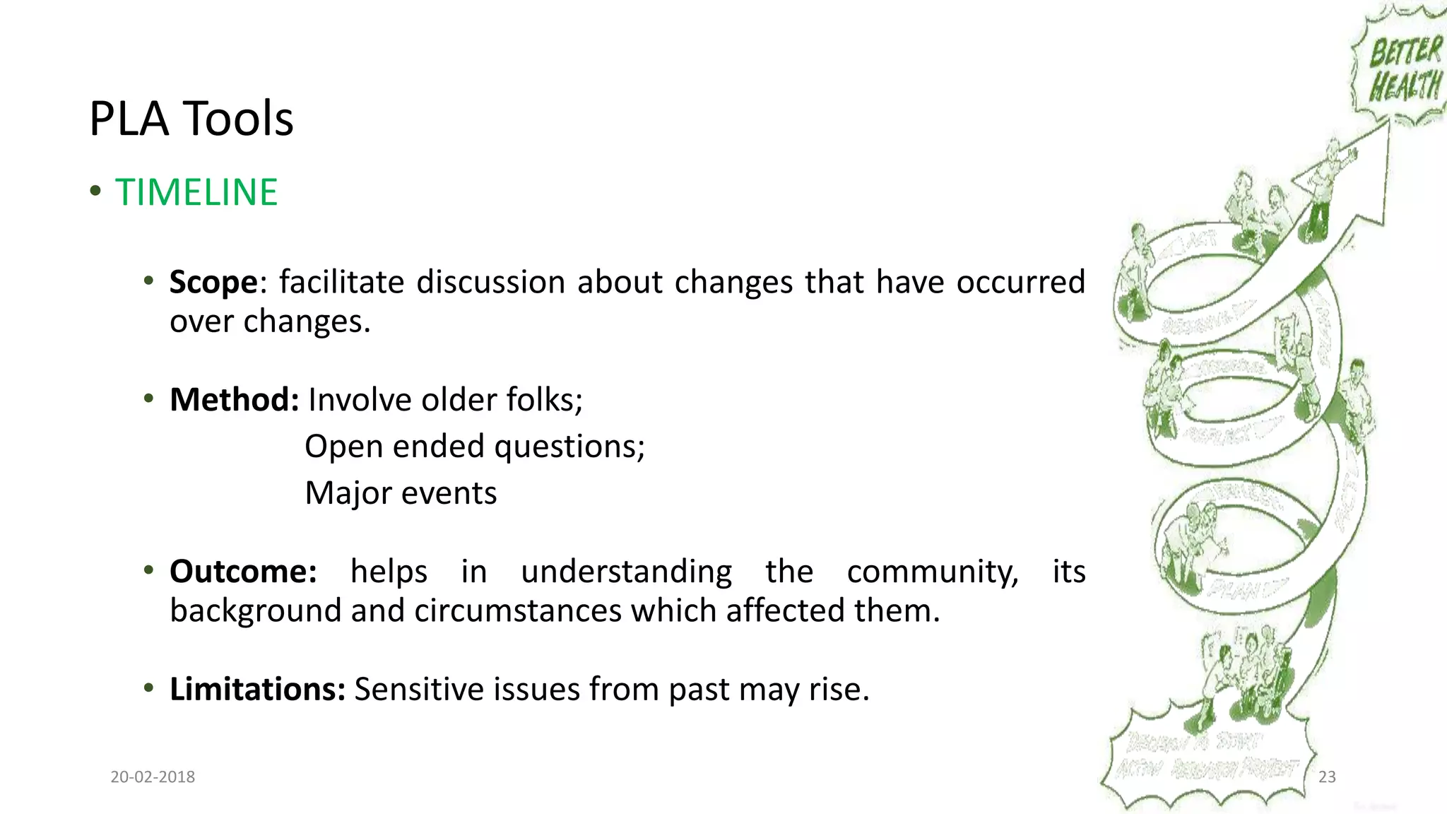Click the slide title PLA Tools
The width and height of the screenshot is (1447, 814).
191,118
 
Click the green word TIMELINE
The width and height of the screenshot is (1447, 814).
196,192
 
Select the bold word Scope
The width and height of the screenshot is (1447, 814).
213,282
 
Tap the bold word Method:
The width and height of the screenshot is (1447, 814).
234,400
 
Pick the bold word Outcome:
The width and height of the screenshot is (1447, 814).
243,572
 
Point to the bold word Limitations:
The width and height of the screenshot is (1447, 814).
257,689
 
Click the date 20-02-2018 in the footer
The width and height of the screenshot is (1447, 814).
153,777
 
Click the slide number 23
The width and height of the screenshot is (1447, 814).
1327,777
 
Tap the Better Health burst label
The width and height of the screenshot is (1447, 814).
1405,69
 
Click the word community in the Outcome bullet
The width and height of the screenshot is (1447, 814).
932,572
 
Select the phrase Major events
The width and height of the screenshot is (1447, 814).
401,493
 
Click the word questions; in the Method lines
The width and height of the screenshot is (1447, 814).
569,447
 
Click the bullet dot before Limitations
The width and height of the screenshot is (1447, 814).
148,688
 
